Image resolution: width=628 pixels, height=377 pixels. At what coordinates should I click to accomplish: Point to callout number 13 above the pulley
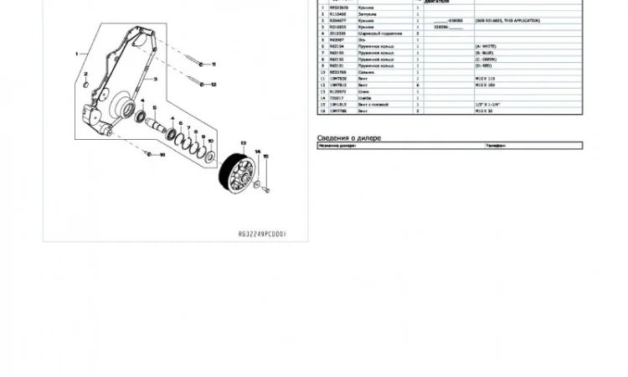pyautogui.click(x=242, y=143)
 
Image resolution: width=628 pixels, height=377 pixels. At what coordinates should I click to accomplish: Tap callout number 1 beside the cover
pyautogui.click(x=76, y=53)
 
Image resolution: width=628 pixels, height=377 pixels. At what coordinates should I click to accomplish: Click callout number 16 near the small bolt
pyautogui.click(x=162, y=154)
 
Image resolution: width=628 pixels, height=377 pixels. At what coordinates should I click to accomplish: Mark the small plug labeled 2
pyautogui.click(x=86, y=84)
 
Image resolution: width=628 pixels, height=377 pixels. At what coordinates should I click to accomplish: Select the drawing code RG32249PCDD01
pyautogui.click(x=262, y=236)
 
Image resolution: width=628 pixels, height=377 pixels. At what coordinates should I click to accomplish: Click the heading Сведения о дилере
pyautogui.click(x=348, y=137)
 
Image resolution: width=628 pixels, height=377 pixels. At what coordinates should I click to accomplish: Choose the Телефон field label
pyautogui.click(x=497, y=146)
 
